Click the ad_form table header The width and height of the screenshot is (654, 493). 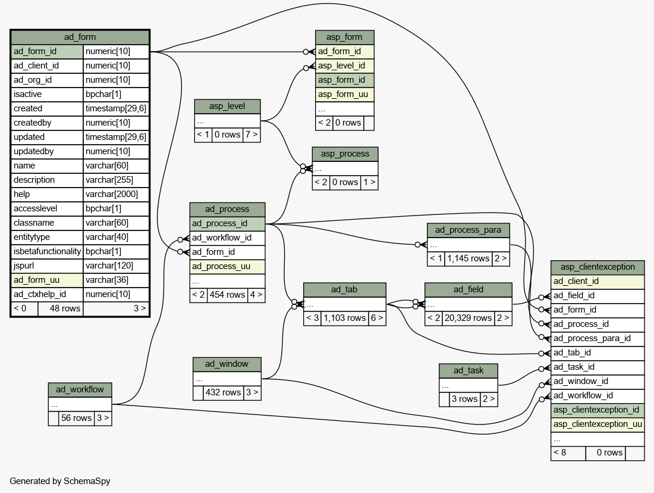coord(80,37)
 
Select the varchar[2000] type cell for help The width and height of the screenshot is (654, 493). coord(116,194)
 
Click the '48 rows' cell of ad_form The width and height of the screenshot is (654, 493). coord(61,309)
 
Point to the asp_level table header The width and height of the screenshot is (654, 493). coord(227,107)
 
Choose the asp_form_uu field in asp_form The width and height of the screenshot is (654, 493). coord(344,95)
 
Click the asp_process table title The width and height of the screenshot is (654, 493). coord(345,154)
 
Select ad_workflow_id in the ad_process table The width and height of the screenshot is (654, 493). coord(227,238)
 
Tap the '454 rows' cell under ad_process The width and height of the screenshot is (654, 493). coord(227,295)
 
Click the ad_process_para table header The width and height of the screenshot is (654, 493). coord(468,230)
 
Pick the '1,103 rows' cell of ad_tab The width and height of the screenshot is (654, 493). coord(344,319)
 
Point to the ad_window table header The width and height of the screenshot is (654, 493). coord(227,364)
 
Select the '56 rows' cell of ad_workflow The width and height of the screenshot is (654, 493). coord(76,418)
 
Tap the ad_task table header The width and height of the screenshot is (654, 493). coord(469,370)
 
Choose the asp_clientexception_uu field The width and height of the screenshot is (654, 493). coord(598,425)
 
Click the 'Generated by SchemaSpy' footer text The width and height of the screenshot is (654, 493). coord(60,481)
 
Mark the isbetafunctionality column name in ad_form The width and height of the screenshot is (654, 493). coord(47,251)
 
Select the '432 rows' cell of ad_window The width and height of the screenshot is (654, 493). coord(223,393)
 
